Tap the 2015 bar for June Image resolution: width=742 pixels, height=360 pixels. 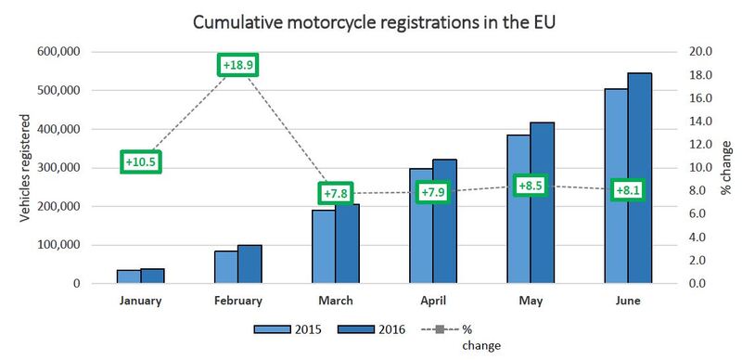pyautogui.click(x=615, y=186)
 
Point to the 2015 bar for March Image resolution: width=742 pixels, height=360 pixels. pyautogui.click(x=323, y=247)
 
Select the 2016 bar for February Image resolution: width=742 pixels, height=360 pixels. pyautogui.click(x=249, y=264)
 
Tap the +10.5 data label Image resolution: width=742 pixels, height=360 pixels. pyautogui.click(x=141, y=162)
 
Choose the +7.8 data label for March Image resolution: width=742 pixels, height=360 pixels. pyautogui.click(x=336, y=193)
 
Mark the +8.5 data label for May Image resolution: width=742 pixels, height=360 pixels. pyautogui.click(x=531, y=186)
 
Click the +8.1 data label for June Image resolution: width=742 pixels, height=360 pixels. pyautogui.click(x=627, y=191)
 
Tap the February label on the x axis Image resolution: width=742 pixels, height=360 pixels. pyautogui.click(x=237, y=301)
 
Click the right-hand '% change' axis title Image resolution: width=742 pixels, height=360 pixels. pyautogui.click(x=726, y=168)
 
